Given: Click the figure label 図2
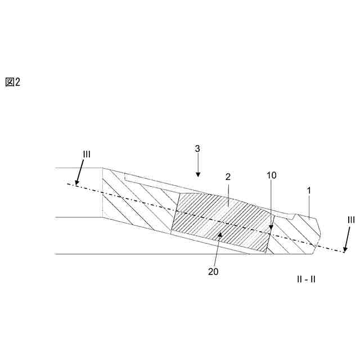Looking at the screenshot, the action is (12, 82).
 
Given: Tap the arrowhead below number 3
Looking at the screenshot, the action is (197, 173).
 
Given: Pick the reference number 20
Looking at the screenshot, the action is (213, 271).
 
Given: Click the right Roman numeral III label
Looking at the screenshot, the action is (350, 220).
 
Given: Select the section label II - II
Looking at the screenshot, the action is (307, 278).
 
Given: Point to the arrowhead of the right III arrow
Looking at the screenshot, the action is (344, 250).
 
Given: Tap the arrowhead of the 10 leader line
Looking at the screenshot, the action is (271, 229).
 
